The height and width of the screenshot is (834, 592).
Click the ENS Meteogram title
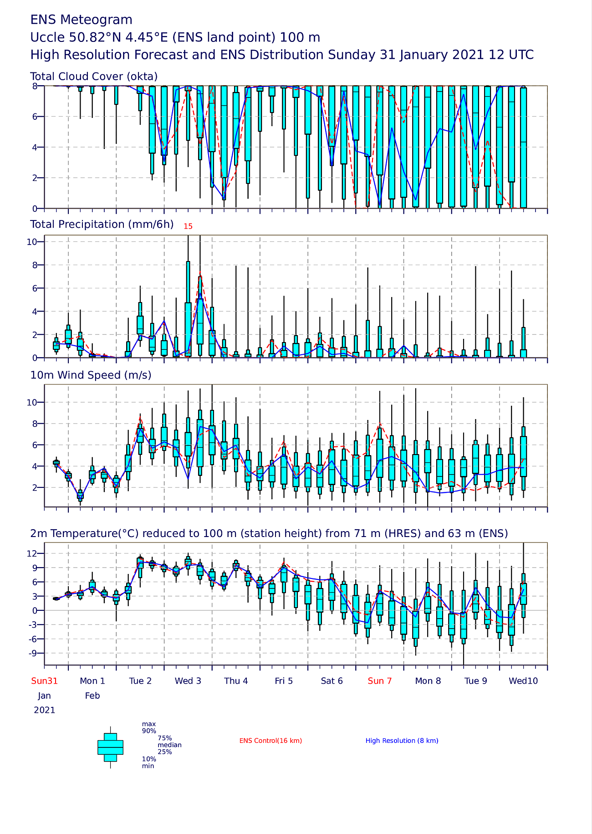point(82,20)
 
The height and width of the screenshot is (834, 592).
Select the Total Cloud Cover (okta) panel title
point(94,77)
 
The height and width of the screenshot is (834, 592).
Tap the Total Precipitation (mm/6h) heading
point(102,224)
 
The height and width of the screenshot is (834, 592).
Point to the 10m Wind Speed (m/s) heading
point(91,375)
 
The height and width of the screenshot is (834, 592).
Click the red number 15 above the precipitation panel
point(188,226)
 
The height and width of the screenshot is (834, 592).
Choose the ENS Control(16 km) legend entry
point(270,741)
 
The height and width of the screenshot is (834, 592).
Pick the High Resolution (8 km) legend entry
point(402,741)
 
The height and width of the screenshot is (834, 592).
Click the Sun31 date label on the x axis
point(45,681)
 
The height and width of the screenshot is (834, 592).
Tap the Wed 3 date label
point(188,681)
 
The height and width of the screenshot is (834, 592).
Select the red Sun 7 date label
point(380,681)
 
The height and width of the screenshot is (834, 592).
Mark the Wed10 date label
point(523,681)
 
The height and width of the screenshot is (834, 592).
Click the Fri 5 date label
point(284,681)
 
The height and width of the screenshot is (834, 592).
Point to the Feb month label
point(92,696)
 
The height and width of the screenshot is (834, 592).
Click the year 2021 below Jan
point(45,710)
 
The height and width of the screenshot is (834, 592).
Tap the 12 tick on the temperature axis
point(32,553)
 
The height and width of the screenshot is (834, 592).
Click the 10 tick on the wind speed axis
point(32,402)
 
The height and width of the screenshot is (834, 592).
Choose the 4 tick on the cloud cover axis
point(35,147)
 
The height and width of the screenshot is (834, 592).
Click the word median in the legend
point(169,745)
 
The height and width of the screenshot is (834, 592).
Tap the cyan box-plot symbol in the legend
point(110,747)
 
